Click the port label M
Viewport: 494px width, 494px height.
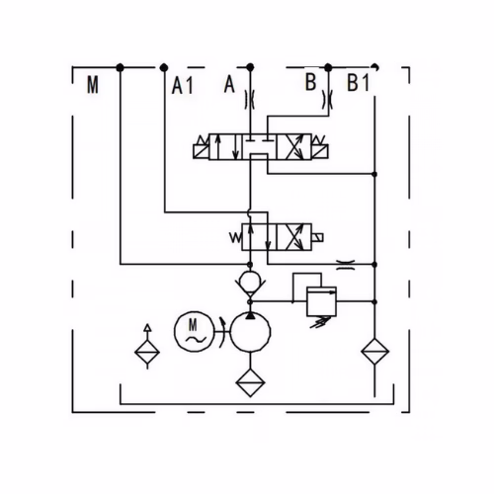click(x=93, y=85)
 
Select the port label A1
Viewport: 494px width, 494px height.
click(x=183, y=86)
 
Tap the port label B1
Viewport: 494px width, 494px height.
click(x=358, y=82)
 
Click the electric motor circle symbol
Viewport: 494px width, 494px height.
click(x=194, y=331)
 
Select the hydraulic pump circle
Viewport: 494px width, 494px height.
click(x=250, y=332)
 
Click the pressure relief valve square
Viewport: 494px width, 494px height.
click(x=321, y=301)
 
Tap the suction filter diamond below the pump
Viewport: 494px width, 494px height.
click(x=250, y=382)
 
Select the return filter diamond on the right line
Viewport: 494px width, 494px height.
click(x=374, y=351)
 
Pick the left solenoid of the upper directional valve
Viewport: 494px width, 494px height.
click(x=201, y=148)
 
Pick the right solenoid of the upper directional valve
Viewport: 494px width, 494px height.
click(x=320, y=148)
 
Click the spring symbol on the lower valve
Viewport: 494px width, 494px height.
click(x=235, y=237)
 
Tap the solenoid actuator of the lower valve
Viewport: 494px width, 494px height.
click(x=317, y=237)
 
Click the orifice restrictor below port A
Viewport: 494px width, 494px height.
click(x=250, y=99)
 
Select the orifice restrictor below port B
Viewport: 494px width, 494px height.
click(x=328, y=99)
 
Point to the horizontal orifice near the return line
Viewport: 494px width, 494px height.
click(x=346, y=265)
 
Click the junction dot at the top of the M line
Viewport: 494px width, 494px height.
click(x=121, y=68)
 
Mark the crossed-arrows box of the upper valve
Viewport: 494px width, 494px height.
click(x=293, y=147)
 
